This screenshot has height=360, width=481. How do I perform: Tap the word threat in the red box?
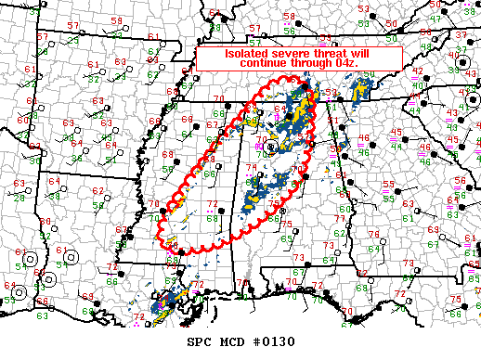pyautogui.click(x=325, y=53)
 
